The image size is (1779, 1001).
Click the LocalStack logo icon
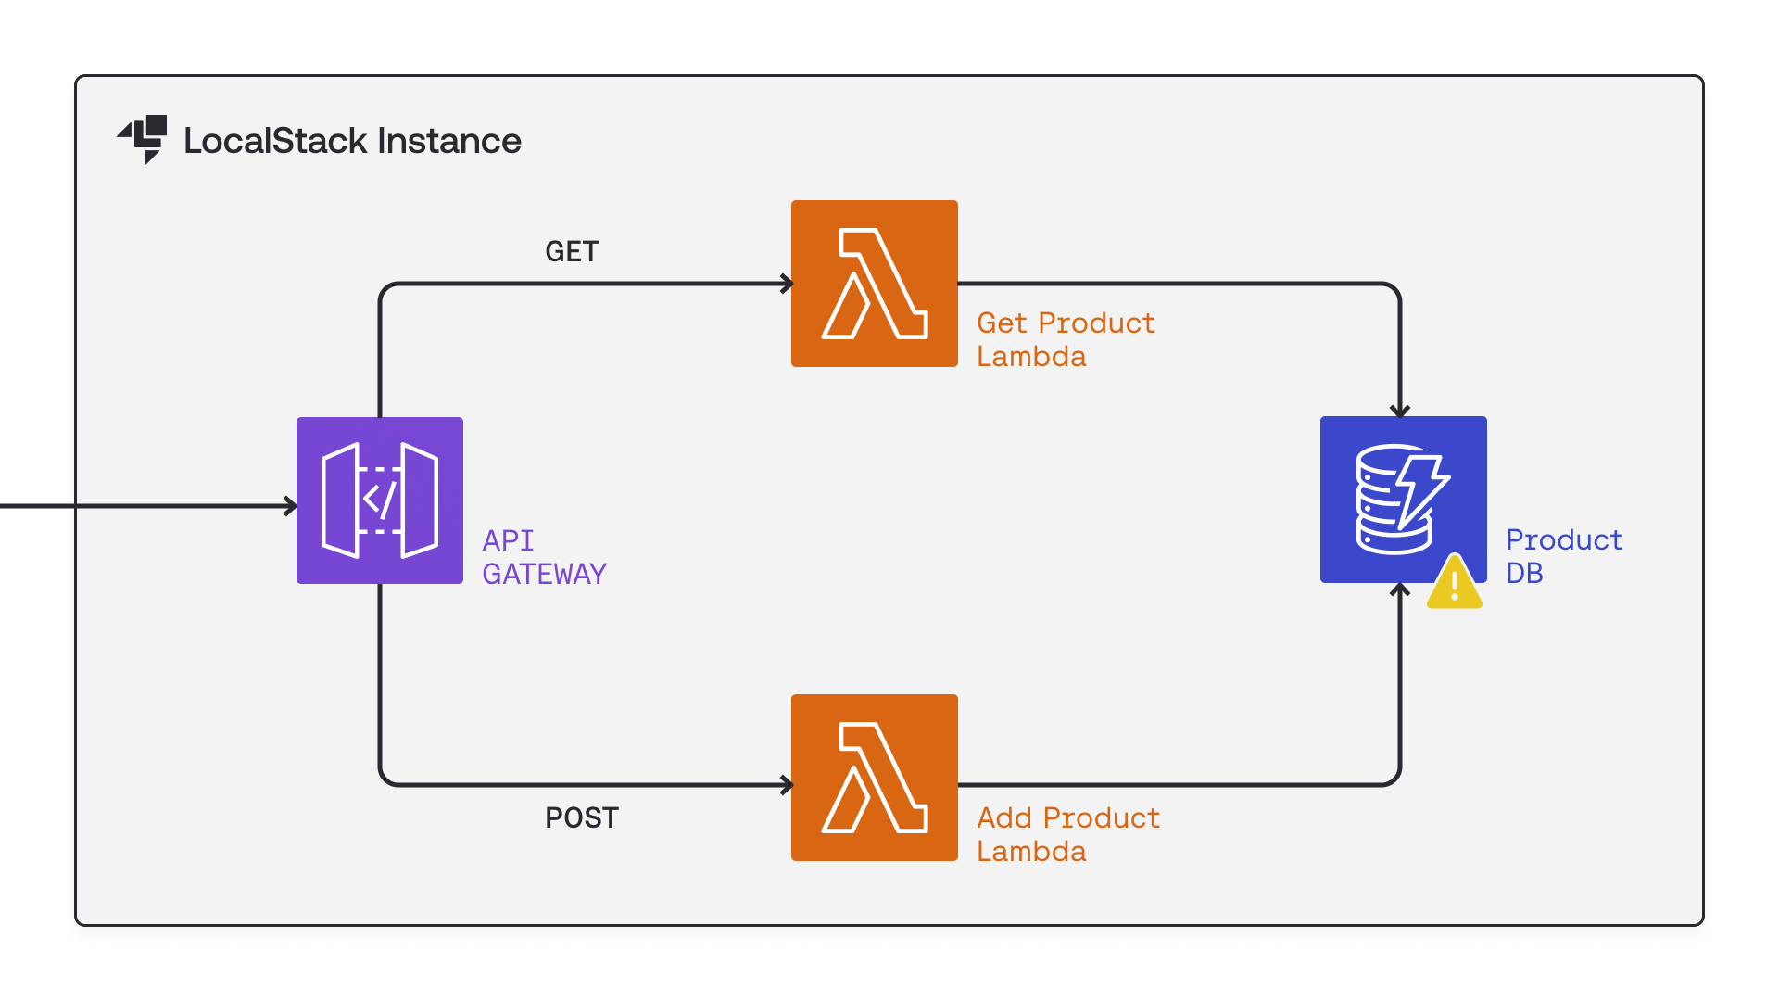point(144,139)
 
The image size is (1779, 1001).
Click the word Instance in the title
point(449,141)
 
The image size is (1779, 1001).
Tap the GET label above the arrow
point(572,251)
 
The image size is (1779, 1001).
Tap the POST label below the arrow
point(581,817)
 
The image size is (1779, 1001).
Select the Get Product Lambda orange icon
point(874,284)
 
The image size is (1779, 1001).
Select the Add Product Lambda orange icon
point(874,778)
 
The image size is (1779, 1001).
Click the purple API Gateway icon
point(380,500)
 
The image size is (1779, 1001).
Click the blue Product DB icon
point(1403,500)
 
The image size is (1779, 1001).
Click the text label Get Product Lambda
point(1066,339)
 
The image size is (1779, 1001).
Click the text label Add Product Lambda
point(1067,834)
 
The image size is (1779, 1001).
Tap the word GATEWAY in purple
point(544,574)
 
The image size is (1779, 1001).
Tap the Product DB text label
point(1563,556)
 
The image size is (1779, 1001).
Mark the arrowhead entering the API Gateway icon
point(291,506)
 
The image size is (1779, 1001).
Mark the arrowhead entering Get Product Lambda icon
point(787,284)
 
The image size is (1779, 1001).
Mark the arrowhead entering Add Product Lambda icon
point(787,785)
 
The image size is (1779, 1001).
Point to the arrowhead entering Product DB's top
point(1400,411)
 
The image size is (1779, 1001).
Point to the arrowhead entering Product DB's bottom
point(1400,589)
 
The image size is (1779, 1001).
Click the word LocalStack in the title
point(275,141)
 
